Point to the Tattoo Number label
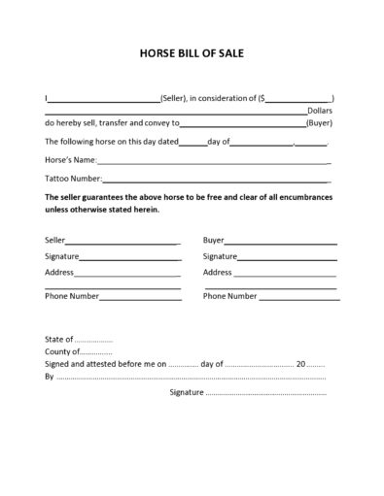click(73, 179)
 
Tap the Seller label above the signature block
click(55, 239)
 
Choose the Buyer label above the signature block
click(214, 239)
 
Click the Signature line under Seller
click(130, 259)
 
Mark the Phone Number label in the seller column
click(72, 295)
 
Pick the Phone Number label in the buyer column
click(230, 295)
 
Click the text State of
click(59, 340)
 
